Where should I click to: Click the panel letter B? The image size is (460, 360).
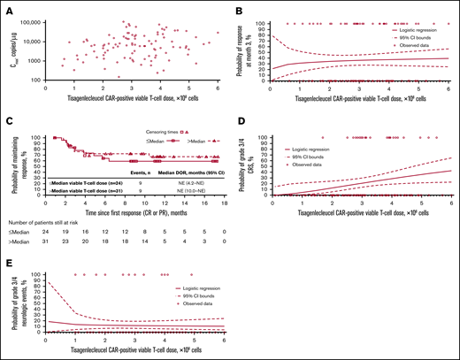(x=240, y=7)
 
